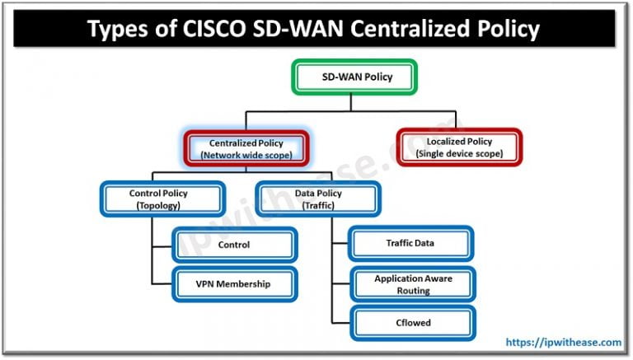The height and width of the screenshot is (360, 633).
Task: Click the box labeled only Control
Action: [234, 245]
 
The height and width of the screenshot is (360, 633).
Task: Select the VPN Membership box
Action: [234, 284]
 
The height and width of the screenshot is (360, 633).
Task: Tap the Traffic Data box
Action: [410, 243]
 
